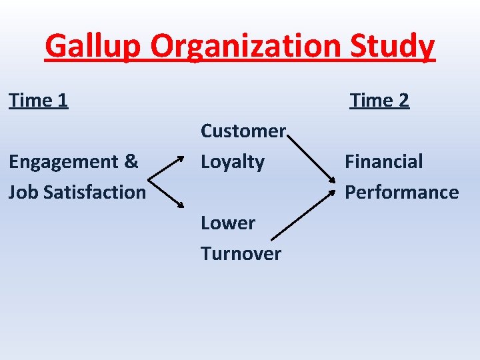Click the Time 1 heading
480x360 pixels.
39,101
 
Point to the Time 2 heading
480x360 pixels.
379,101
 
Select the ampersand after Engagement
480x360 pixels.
131,161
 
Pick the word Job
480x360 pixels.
22,192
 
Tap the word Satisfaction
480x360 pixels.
93,192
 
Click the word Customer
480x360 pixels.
243,131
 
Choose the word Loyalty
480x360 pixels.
233,162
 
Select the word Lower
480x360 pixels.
228,223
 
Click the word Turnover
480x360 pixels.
241,253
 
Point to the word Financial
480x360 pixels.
383,161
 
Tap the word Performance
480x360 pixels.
401,192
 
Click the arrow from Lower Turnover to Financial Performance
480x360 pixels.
303,214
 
